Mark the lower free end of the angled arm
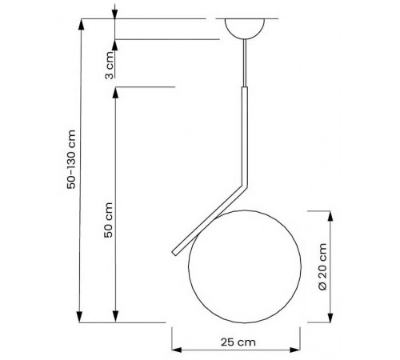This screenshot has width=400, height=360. point(174,254)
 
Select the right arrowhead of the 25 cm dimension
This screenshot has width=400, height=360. point(299,350)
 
